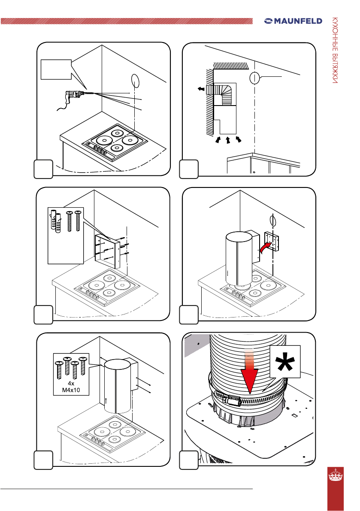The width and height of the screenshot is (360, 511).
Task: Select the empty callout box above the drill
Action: click(x=55, y=70)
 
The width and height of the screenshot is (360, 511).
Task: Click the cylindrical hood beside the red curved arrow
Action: click(x=239, y=257)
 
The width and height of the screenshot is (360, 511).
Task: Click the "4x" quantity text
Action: click(x=71, y=383)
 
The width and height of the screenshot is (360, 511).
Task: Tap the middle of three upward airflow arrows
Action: click(x=228, y=139)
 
